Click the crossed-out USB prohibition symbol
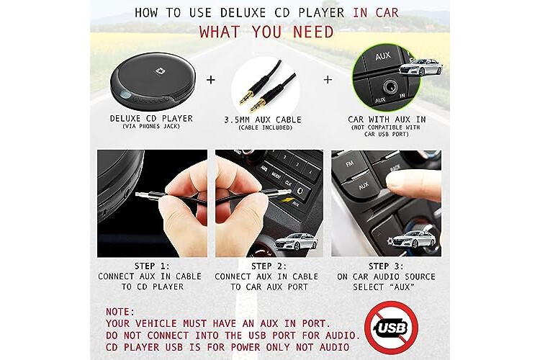[391, 327]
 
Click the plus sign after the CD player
[211, 80]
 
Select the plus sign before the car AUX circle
[328, 80]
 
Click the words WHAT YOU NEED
[266, 32]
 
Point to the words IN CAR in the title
[376, 13]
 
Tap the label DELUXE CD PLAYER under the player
[151, 119]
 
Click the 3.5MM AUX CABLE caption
[263, 120]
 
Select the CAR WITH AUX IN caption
[387, 120]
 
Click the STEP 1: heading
[152, 266]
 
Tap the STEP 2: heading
[269, 266]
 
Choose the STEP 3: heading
[386, 266]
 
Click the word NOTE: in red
[120, 312]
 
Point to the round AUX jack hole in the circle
[390, 86]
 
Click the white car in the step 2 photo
[296, 241]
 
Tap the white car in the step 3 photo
[413, 239]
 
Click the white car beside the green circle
[420, 68]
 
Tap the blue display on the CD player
[126, 96]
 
